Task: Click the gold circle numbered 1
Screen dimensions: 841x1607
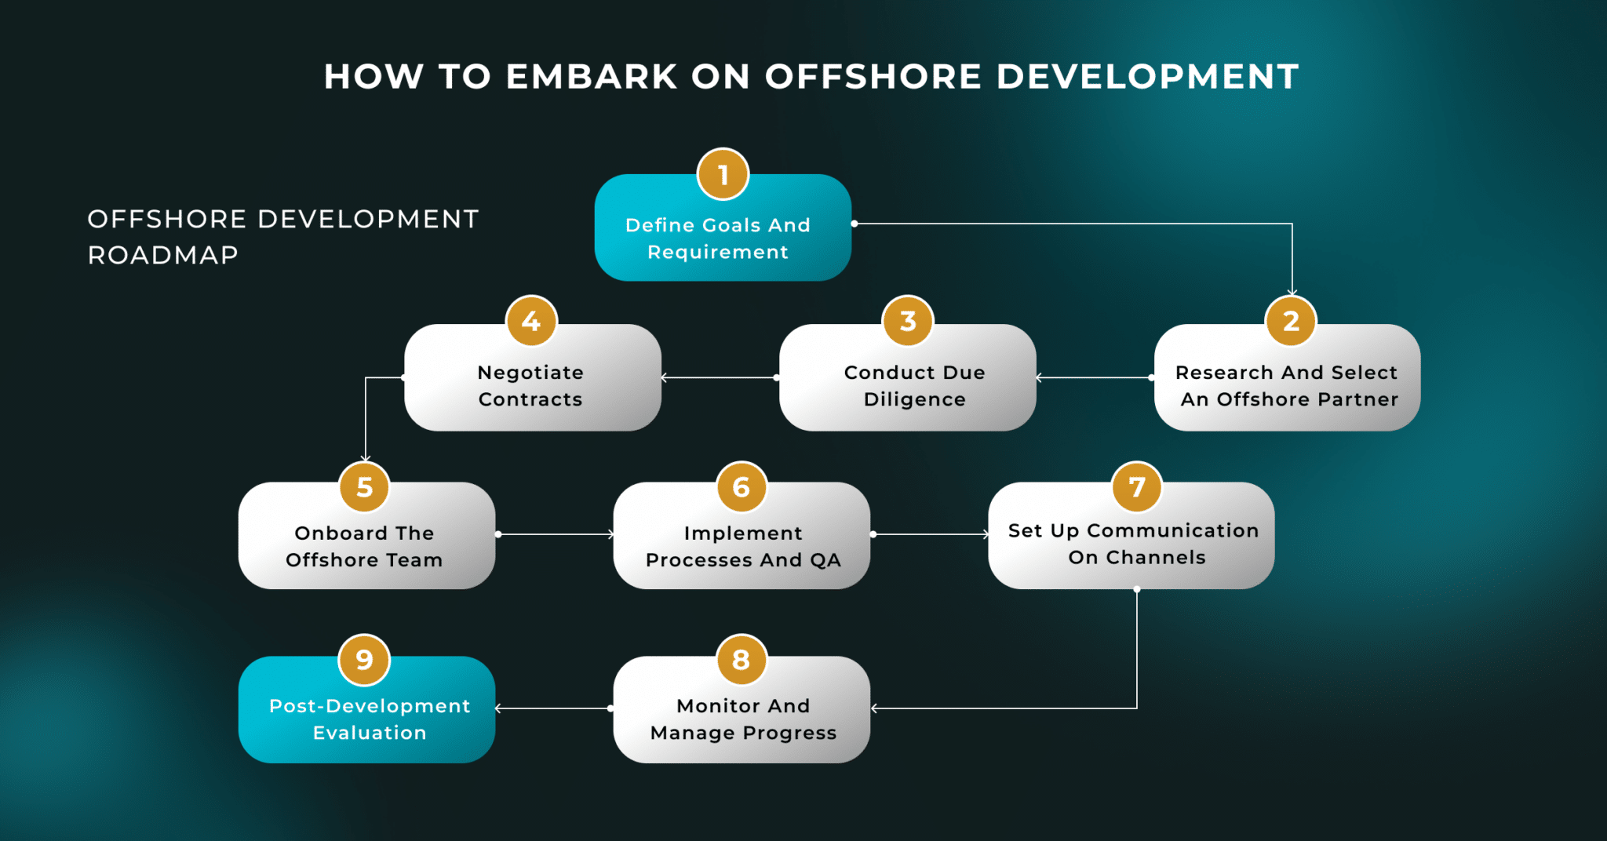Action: pyautogui.click(x=723, y=174)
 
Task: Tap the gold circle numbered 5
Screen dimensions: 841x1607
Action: pyautogui.click(x=364, y=486)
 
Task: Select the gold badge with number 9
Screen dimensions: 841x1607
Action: pyautogui.click(x=364, y=660)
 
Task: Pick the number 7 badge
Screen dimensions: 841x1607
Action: pyautogui.click(x=1136, y=486)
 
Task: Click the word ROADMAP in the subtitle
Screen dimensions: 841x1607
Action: pyautogui.click(x=162, y=255)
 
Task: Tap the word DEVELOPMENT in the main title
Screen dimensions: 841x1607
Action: pyautogui.click(x=1147, y=77)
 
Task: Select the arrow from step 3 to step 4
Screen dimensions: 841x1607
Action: pyautogui.click(x=719, y=377)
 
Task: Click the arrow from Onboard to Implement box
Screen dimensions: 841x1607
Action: pyautogui.click(x=555, y=534)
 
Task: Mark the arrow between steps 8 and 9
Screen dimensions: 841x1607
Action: pyautogui.click(x=553, y=708)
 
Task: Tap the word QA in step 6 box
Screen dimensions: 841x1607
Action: pyautogui.click(x=825, y=560)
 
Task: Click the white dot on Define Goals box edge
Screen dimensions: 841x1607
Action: pyautogui.click(x=855, y=224)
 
